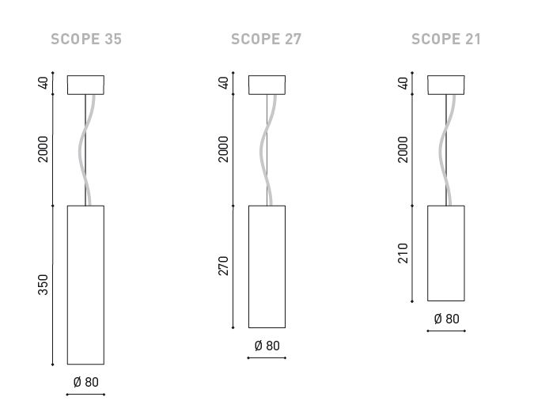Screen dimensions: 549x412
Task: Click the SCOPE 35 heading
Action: (x=86, y=40)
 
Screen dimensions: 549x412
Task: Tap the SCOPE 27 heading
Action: (x=266, y=40)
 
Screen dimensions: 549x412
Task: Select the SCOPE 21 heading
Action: (x=446, y=40)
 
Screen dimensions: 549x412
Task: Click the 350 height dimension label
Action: (x=43, y=285)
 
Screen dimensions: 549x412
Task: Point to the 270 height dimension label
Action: (x=223, y=266)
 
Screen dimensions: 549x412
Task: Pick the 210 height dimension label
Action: (x=403, y=253)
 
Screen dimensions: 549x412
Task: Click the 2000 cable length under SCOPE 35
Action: (x=43, y=149)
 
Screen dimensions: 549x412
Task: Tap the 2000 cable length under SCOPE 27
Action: (x=223, y=149)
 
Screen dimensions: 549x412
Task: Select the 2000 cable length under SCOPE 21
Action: (x=403, y=149)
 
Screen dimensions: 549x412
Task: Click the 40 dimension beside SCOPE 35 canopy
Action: (x=43, y=83)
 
